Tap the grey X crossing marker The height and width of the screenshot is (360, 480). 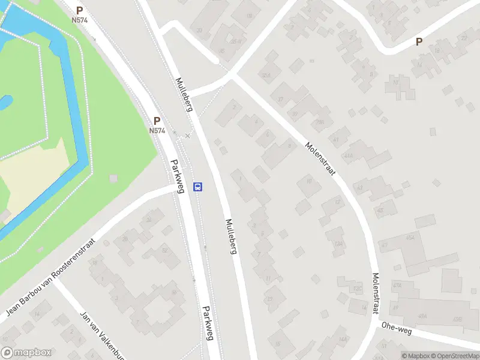click(188, 136)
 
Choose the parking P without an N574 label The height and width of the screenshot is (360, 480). click(419, 42)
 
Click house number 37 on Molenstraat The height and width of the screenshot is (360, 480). click(280, 99)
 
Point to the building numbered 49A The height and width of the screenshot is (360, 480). click(422, 316)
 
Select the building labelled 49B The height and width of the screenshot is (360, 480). click(457, 319)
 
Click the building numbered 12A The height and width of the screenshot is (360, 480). click(339, 244)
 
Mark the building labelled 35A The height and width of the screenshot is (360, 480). click(236, 41)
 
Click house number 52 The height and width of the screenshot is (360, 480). click(164, 250)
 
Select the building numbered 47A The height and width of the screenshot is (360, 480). click(397, 285)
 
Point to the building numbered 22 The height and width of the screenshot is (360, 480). click(463, 37)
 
